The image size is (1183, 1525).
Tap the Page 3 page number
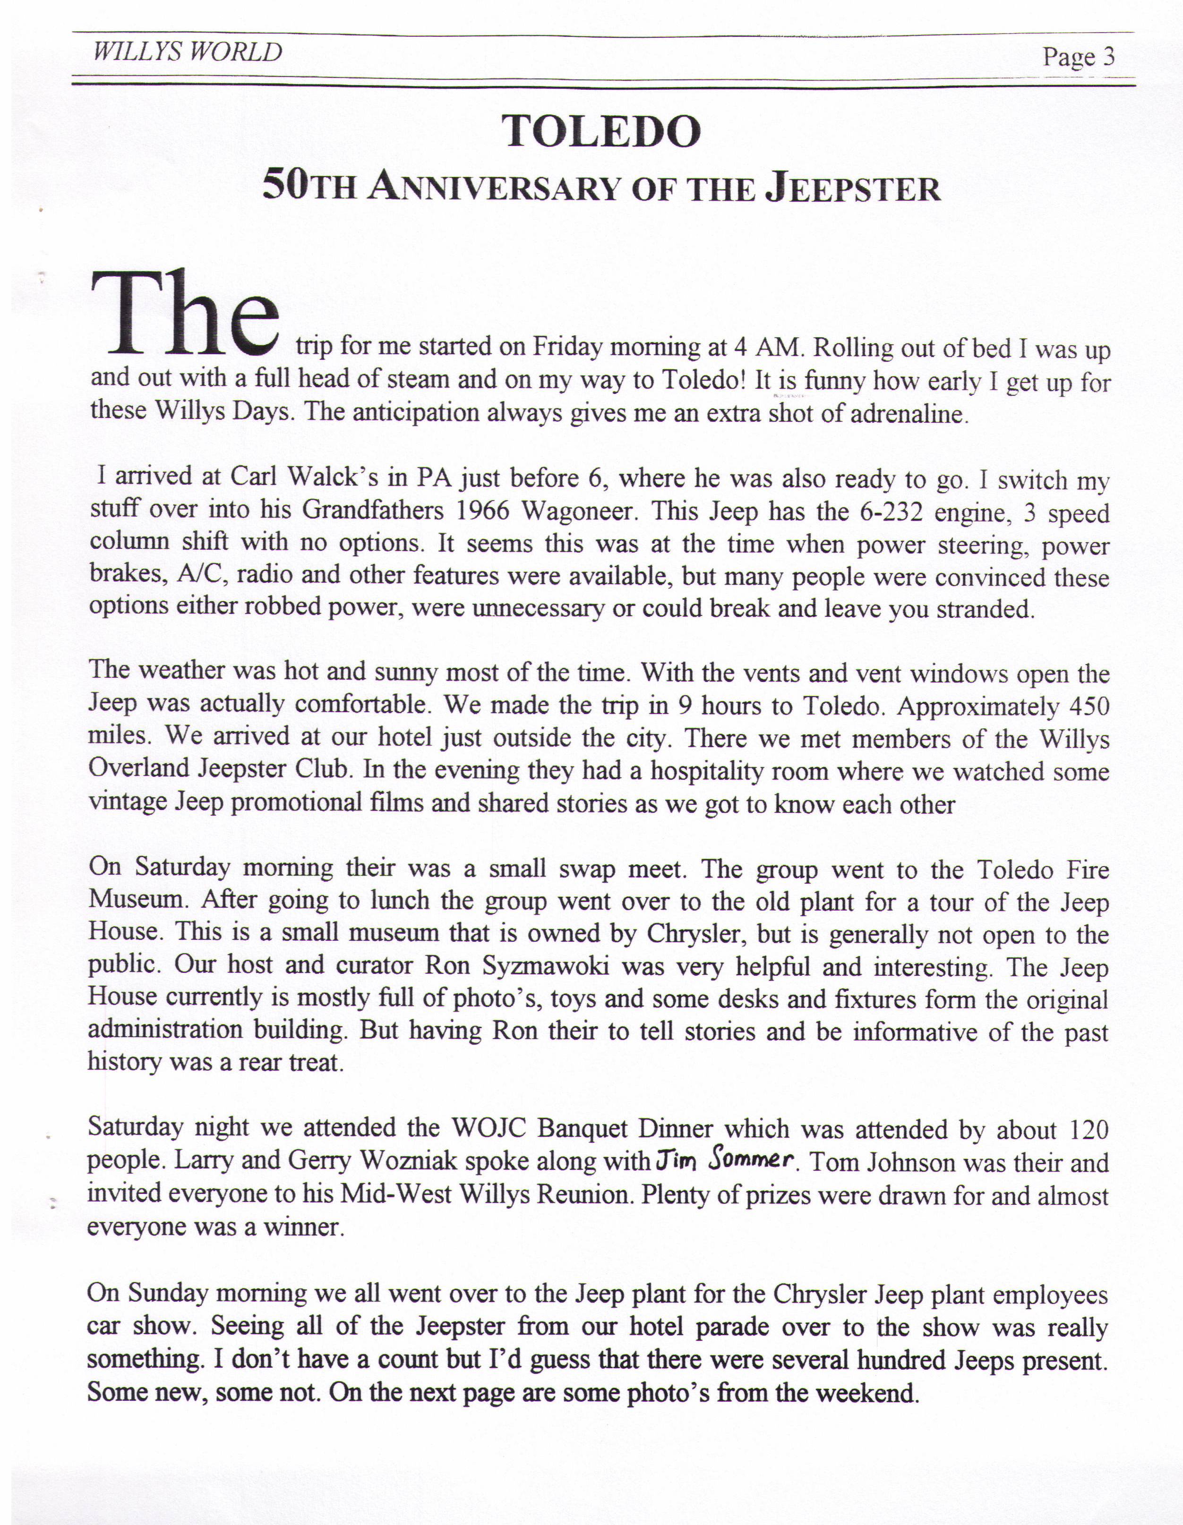[x=1078, y=56]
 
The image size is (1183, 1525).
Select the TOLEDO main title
[x=601, y=131]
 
